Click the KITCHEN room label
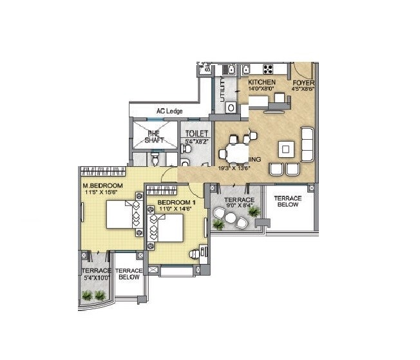[262, 82]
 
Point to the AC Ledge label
[169, 111]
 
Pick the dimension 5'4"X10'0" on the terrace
[96, 278]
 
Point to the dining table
[230, 153]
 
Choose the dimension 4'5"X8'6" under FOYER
[302, 90]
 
